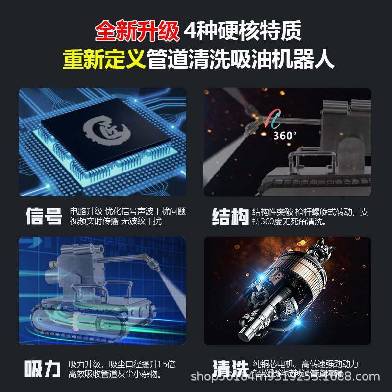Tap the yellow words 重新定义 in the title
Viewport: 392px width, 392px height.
click(104, 60)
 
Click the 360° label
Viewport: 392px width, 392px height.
click(285, 135)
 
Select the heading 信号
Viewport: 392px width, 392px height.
click(44, 216)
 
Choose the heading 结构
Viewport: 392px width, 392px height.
click(230, 216)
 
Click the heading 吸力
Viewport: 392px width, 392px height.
click(43, 368)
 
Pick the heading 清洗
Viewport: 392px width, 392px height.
click(230, 368)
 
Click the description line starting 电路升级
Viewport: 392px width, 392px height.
click(128, 211)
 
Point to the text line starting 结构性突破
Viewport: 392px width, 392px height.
click(310, 211)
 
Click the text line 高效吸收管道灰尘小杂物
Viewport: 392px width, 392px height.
click(115, 374)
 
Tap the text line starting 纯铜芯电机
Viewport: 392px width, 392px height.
click(305, 364)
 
